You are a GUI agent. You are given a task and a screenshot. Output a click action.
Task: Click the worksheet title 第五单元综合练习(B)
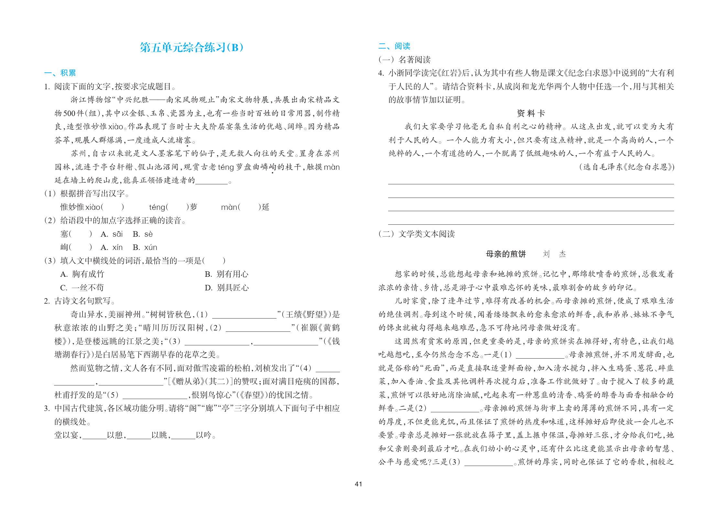point(191,48)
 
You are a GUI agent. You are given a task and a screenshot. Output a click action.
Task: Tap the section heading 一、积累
point(60,73)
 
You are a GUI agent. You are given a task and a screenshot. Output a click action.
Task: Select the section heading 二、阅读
point(394,46)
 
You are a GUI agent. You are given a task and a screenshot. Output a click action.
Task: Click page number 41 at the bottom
point(358,484)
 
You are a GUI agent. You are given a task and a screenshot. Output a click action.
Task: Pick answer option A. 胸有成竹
point(82,274)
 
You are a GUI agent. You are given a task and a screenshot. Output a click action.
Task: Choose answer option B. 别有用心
point(226,274)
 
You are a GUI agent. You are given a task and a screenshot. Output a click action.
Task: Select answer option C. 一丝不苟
point(82,288)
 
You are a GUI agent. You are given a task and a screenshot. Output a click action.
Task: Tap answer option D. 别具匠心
point(226,288)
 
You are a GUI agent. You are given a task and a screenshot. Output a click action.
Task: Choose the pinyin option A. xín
point(112,247)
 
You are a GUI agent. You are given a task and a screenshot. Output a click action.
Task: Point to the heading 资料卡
point(531,113)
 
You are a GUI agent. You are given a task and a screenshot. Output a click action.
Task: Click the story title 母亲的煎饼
point(506,254)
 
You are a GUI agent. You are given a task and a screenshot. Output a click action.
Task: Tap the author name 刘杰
point(554,254)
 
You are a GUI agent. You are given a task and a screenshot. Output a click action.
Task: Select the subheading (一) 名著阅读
point(404,60)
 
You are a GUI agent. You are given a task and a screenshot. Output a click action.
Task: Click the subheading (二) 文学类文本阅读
point(417,234)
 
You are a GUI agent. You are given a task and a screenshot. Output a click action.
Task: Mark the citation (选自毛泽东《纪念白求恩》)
point(627,167)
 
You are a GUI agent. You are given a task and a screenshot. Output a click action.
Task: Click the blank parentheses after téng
point(177,207)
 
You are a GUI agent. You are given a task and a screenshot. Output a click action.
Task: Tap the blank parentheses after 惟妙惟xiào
point(112,207)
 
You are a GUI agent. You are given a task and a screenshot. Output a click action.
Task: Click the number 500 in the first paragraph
point(69,113)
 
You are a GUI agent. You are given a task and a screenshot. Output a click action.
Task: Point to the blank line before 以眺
point(139,435)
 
